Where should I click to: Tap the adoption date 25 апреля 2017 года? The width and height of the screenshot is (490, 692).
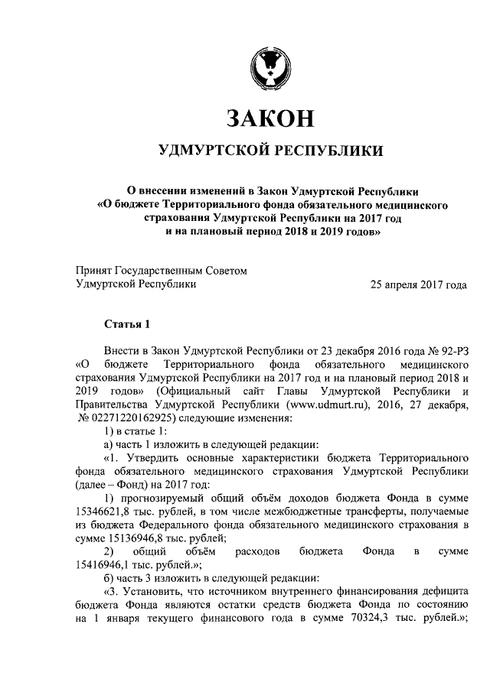[x=418, y=284]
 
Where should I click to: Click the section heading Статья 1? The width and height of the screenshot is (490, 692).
[x=126, y=324]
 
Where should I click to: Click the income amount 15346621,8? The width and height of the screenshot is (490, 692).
[x=107, y=511]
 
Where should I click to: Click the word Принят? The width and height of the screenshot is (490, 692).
[x=93, y=271]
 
